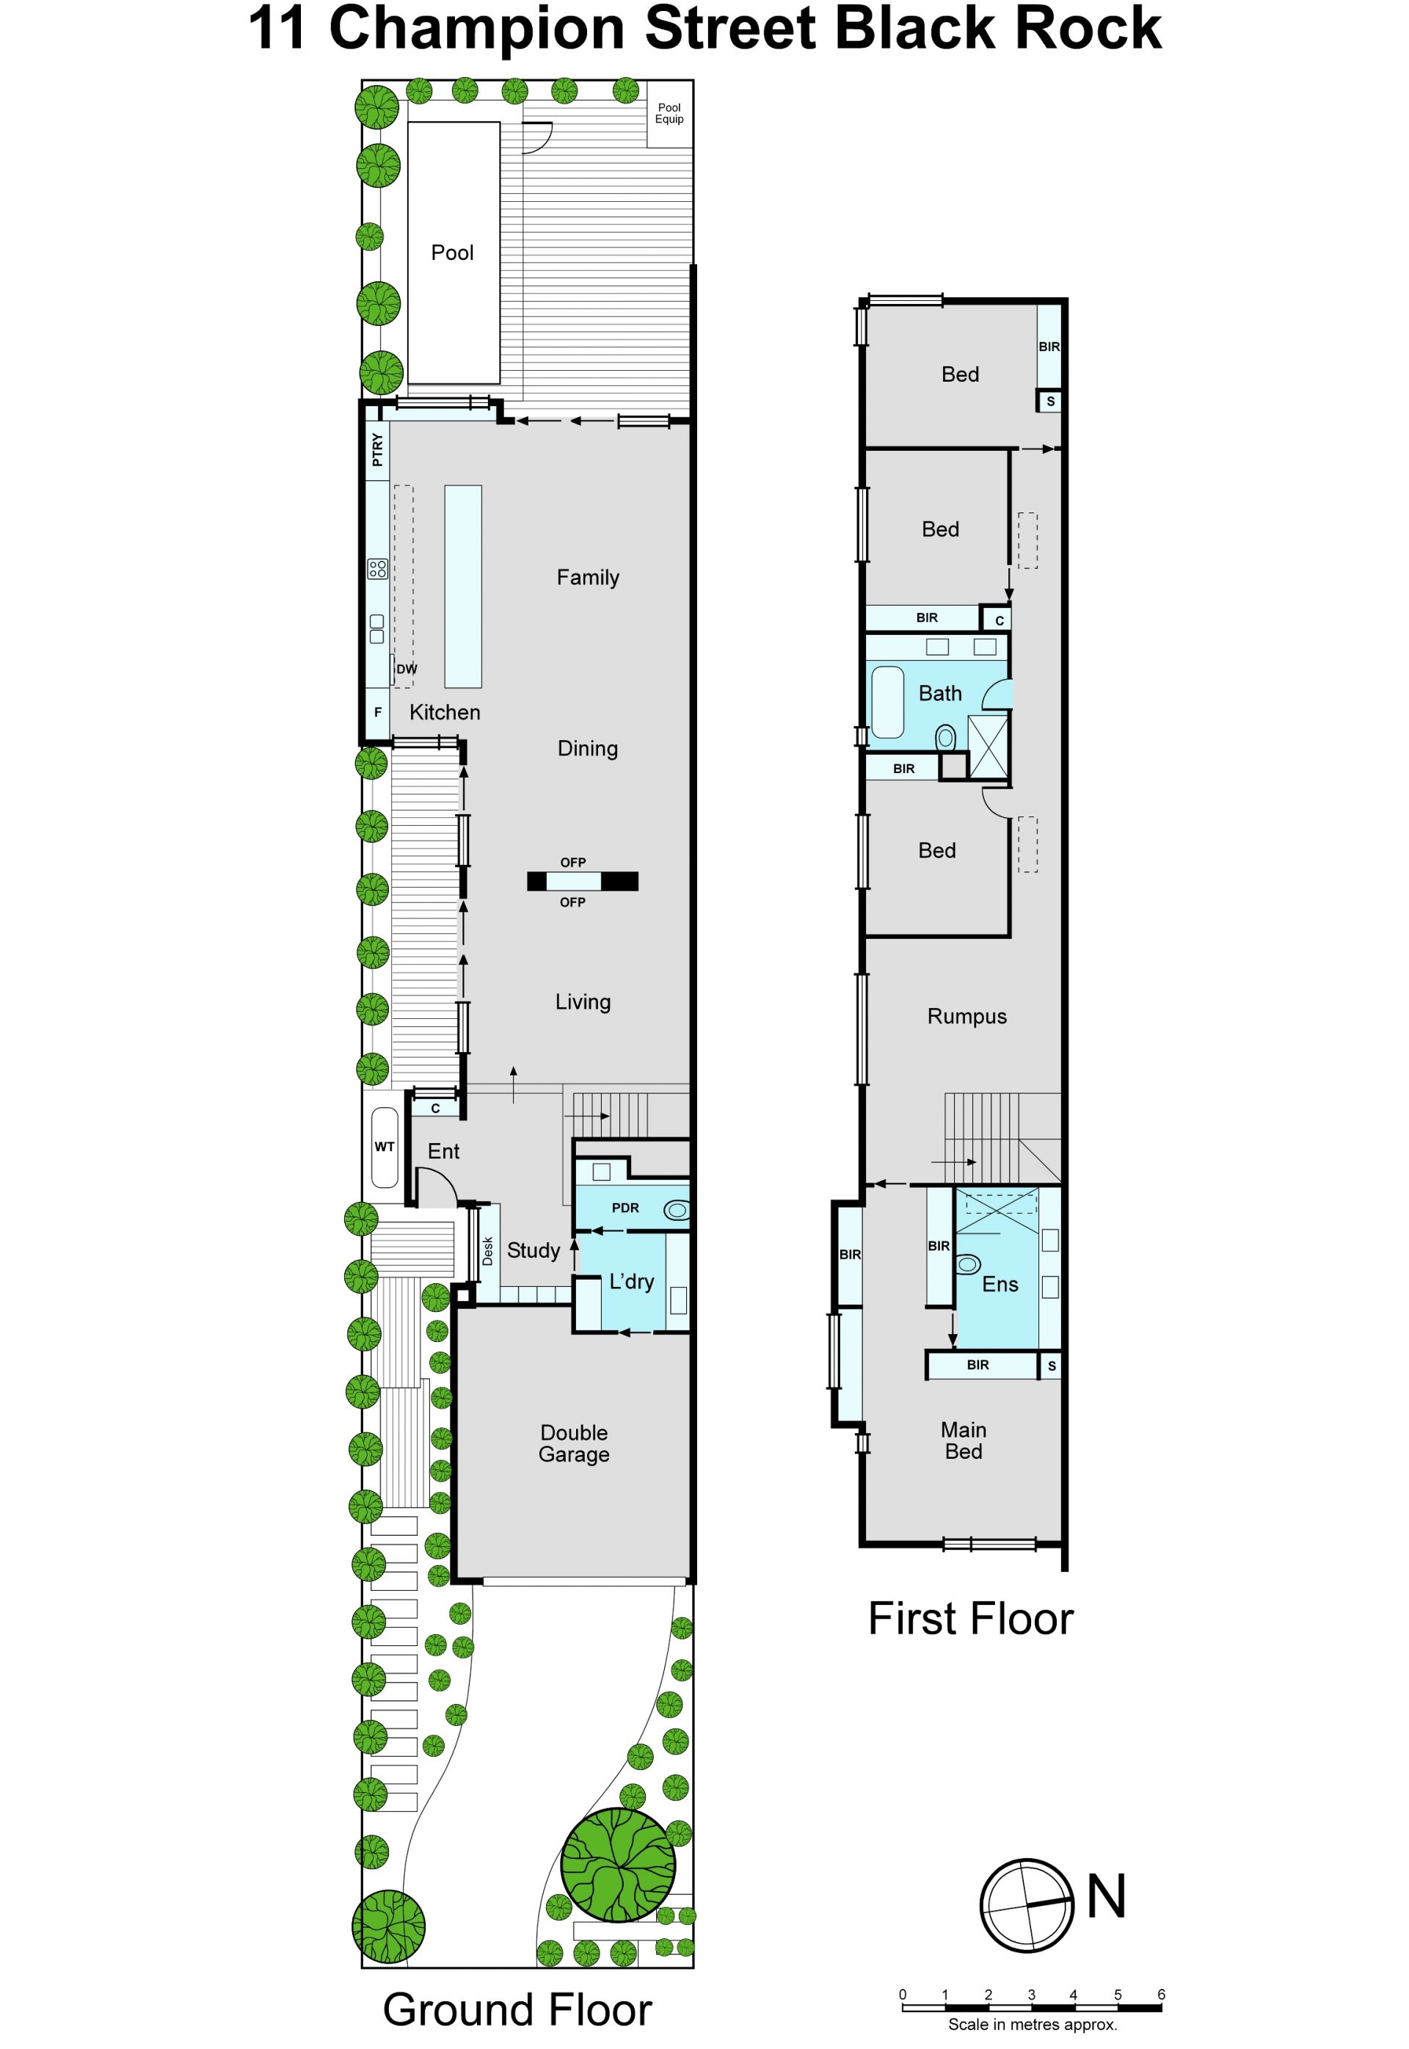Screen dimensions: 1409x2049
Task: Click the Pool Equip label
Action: point(669,113)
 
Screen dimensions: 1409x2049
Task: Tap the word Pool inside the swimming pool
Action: point(452,253)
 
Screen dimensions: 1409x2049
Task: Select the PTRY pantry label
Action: point(378,449)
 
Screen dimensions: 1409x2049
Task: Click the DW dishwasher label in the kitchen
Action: point(406,669)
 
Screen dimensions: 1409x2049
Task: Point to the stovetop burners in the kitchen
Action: point(378,568)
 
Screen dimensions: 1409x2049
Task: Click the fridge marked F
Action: point(378,712)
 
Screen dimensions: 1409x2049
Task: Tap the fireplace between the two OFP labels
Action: point(583,880)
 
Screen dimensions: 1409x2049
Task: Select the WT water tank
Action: point(384,1147)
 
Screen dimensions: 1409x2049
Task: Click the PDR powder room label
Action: point(625,1208)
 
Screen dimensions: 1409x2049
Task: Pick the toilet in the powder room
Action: point(677,1210)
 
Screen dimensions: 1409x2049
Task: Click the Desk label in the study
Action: point(488,1250)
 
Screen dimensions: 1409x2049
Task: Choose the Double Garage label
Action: point(574,1443)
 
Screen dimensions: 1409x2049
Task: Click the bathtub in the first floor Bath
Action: point(887,702)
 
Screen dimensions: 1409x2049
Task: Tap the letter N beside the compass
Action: point(1106,1896)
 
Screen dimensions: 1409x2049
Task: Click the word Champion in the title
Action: point(483,27)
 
